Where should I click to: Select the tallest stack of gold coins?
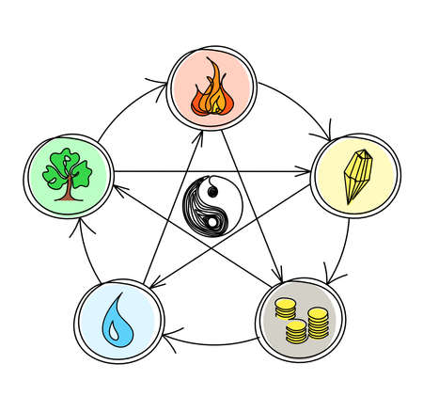pyautogui.click(x=320, y=321)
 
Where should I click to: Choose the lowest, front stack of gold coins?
pyautogui.click(x=298, y=332)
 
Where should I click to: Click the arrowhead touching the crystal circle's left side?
pyautogui.click(x=305, y=171)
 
